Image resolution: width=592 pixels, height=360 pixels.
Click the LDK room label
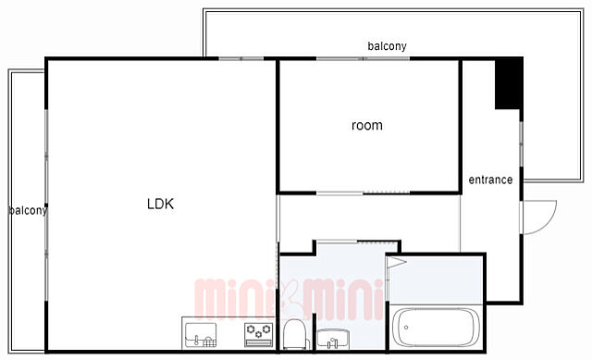click(x=160, y=204)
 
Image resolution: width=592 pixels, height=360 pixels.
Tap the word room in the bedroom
click(x=367, y=126)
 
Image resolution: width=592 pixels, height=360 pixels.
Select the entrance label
click(x=490, y=180)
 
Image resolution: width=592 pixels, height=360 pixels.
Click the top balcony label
click(x=387, y=46)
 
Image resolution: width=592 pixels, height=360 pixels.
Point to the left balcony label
click(x=28, y=210)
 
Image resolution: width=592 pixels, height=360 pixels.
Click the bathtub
click(x=436, y=328)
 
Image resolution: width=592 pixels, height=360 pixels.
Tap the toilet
click(x=294, y=334)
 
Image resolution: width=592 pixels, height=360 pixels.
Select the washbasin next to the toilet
click(x=333, y=338)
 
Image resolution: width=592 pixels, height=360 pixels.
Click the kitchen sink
click(x=201, y=335)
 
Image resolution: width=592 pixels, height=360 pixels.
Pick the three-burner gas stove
click(x=259, y=335)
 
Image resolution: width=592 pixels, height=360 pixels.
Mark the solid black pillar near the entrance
click(x=509, y=84)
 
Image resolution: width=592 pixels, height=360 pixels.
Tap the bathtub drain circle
click(x=406, y=328)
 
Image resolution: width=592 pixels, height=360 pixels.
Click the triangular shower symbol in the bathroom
click(x=397, y=262)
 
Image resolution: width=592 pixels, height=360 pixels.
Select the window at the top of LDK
click(x=241, y=58)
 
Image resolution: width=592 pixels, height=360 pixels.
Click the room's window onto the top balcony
click(x=363, y=58)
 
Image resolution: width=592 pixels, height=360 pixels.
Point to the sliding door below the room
click(x=363, y=193)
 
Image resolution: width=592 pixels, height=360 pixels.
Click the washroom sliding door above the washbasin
click(x=357, y=242)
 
